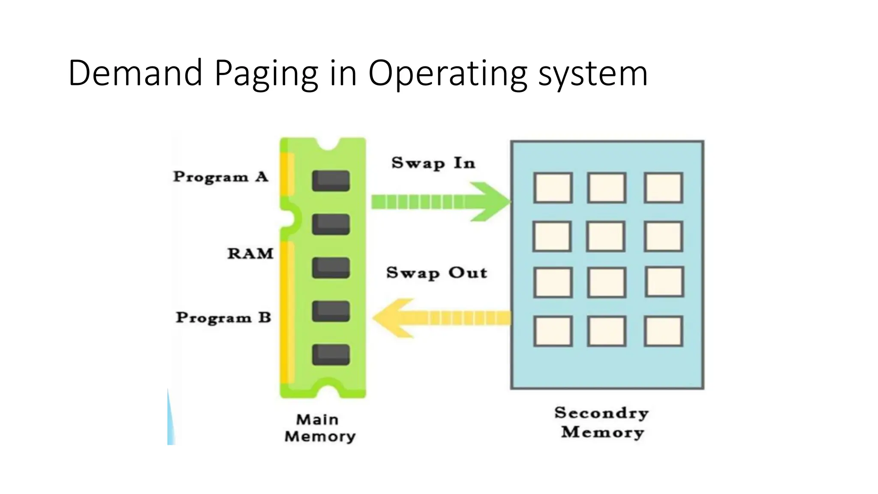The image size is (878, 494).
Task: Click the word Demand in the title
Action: pos(135,73)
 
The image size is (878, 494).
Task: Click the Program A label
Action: pos(220,177)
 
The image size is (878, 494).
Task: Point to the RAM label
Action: pos(250,253)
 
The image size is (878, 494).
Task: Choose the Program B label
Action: pos(223,318)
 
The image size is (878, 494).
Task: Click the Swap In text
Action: pos(433,163)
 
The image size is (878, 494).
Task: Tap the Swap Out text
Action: pos(436,273)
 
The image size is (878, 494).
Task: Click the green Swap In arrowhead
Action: pos(489,202)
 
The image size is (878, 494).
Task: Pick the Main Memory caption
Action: pos(320,428)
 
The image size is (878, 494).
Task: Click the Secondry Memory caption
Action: pos(602,422)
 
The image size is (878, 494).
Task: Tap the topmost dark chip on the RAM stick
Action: pos(331,181)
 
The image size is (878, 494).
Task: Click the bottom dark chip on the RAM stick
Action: pos(331,355)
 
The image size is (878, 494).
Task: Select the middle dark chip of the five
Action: pos(331,268)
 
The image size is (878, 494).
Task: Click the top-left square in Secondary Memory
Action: pos(553,188)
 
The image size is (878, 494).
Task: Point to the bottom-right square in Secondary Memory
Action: pos(663,331)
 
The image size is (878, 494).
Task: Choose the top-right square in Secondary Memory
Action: pos(663,188)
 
